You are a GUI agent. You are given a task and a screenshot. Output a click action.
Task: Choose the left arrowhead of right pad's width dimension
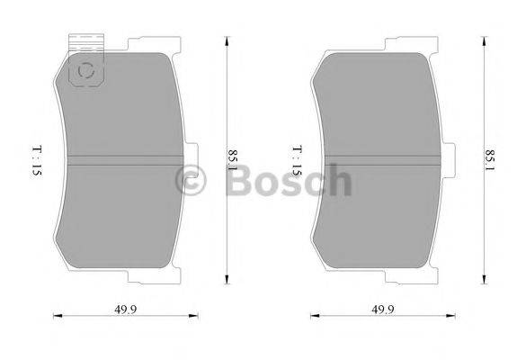pos(313,316)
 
